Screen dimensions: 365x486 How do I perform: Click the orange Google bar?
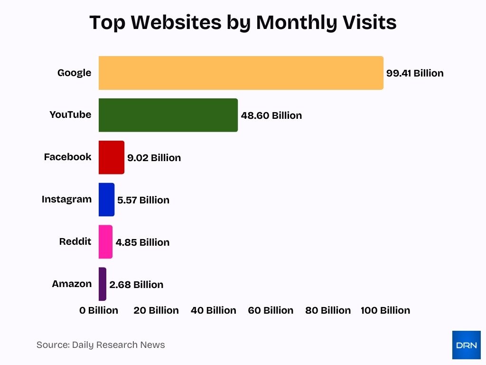click(x=241, y=73)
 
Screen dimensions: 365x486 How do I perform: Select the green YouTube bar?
click(x=168, y=115)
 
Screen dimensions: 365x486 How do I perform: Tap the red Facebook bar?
click(x=112, y=157)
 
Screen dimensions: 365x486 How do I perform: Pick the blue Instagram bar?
click(x=106, y=200)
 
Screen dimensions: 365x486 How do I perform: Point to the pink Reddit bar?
click(x=105, y=242)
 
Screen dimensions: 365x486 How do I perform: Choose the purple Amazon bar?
click(x=103, y=284)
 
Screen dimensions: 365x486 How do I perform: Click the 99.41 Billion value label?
click(x=415, y=73)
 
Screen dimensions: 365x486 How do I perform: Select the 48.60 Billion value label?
click(x=271, y=115)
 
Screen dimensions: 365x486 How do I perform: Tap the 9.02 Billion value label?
click(x=154, y=158)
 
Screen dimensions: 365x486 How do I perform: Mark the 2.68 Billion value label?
click(x=136, y=285)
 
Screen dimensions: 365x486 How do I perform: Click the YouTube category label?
click(x=70, y=115)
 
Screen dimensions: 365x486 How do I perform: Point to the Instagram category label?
click(x=66, y=199)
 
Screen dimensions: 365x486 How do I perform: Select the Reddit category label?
click(x=75, y=241)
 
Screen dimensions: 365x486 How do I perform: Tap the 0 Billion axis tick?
click(x=99, y=310)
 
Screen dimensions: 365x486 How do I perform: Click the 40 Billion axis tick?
click(x=213, y=310)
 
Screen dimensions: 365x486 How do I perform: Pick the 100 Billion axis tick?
click(x=385, y=310)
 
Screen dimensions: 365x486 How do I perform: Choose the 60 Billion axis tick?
click(x=271, y=310)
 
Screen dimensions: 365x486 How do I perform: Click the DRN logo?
click(x=466, y=345)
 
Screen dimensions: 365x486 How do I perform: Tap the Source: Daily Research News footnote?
click(x=101, y=345)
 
